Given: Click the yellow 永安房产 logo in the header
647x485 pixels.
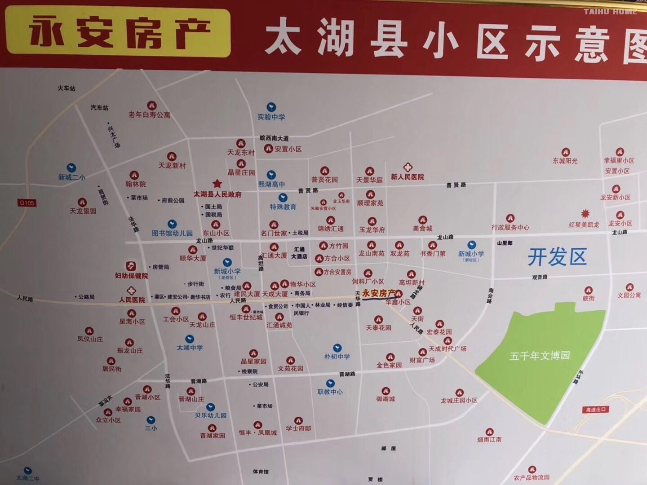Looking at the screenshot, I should [118, 32].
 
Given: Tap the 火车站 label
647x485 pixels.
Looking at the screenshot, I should [66, 88].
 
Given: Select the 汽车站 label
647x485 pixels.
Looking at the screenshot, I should [99, 108].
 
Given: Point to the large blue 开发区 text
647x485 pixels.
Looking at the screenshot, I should [557, 257].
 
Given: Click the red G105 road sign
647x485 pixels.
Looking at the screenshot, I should [27, 203].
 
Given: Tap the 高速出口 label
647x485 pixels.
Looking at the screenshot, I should [595, 410].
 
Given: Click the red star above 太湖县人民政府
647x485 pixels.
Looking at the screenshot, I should [217, 183].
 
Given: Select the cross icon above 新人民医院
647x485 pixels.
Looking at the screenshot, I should [407, 167].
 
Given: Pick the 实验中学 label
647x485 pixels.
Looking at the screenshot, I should [271, 117].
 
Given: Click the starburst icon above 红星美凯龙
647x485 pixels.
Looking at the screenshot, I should [585, 214].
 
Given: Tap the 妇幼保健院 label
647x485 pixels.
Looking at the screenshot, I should [131, 276].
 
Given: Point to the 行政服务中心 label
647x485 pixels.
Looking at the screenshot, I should [510, 228].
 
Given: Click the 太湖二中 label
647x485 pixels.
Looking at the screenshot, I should [28, 478].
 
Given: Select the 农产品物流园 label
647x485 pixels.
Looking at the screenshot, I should [532, 477].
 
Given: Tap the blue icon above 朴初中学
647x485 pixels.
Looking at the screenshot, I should [337, 348].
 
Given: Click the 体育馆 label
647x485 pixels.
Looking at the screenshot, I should [260, 472].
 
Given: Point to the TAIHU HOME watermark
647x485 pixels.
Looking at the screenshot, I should [610, 12].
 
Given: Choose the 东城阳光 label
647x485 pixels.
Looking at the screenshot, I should [565, 161].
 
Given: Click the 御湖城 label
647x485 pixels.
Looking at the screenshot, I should [386, 399].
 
